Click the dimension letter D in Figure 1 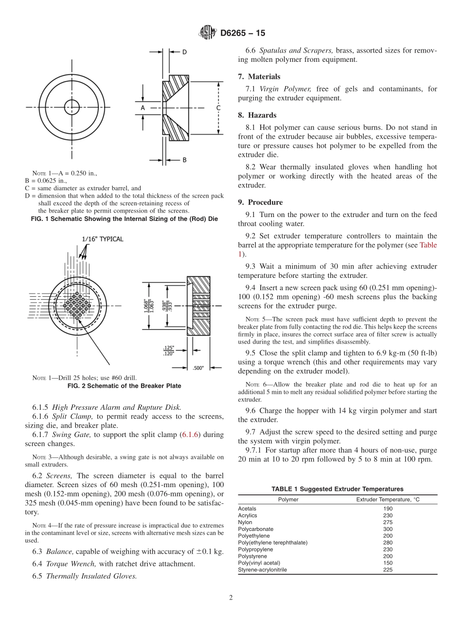coord(184,52)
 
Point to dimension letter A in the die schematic coord(143,107)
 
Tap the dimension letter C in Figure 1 coord(218,107)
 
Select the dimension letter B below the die coord(184,160)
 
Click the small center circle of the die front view coord(72,107)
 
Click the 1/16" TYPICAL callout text coord(102,239)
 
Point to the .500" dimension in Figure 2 coord(198,367)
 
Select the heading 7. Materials coord(259,76)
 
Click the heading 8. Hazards coord(257,115)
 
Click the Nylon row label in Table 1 coord(245,522)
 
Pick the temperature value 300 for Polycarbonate coord(388,529)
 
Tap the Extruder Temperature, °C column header coord(387,499)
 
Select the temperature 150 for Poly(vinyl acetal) coord(388,563)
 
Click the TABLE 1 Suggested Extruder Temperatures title coord(337,489)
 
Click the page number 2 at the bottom coord(231,598)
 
